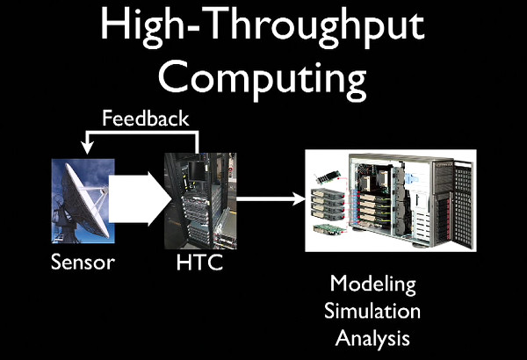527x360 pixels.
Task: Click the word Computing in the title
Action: click(263, 80)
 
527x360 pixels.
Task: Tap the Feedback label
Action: click(146, 119)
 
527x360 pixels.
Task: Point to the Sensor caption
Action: click(83, 263)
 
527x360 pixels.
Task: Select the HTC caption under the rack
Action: click(199, 263)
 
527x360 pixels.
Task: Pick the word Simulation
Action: click(372, 311)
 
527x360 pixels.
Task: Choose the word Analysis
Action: click(372, 339)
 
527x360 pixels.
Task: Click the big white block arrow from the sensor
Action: click(140, 198)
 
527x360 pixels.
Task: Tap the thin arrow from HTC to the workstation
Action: click(271, 198)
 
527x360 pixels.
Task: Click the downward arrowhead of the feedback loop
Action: click(87, 148)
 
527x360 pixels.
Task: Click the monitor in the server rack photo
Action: click(196, 170)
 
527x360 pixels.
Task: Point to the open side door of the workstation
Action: click(464, 205)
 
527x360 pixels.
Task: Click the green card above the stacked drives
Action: click(328, 177)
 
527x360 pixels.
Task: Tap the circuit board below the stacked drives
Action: click(329, 229)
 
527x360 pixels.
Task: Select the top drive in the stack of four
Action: click(328, 193)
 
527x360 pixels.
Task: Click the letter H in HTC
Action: click(184, 263)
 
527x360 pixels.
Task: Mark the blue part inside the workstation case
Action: click(413, 178)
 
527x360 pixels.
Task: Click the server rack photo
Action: click(200, 201)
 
